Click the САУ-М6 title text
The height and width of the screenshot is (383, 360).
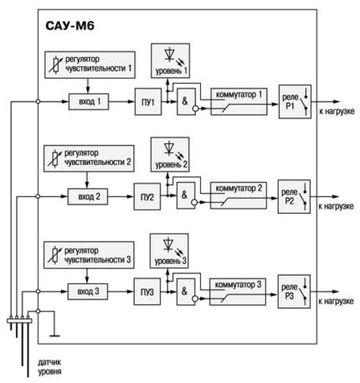[x=69, y=26]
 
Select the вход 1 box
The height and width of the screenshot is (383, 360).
[x=89, y=101]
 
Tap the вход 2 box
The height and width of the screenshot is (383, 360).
[x=88, y=197]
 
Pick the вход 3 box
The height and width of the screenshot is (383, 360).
[x=88, y=292]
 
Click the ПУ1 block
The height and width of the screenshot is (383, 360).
[x=148, y=101]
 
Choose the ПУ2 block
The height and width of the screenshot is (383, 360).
[x=147, y=197]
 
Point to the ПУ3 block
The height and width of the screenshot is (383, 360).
[x=147, y=292]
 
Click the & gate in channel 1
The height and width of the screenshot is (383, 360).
[x=186, y=101]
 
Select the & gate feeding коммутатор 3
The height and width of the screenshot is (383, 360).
[x=185, y=292]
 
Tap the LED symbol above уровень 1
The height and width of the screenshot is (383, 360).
[x=169, y=54]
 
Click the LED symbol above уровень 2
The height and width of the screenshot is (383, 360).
[x=169, y=148]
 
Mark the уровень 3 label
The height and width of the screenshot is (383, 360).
[x=171, y=261]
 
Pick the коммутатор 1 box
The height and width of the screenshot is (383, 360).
[x=239, y=101]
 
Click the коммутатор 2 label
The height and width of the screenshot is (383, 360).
[x=239, y=189]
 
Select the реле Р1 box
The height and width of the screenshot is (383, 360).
[x=295, y=101]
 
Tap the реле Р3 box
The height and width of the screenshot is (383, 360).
[x=294, y=292]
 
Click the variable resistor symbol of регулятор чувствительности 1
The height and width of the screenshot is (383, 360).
[x=56, y=65]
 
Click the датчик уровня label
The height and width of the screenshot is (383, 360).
[x=49, y=367]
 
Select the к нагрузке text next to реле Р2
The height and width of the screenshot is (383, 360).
[x=336, y=206]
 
